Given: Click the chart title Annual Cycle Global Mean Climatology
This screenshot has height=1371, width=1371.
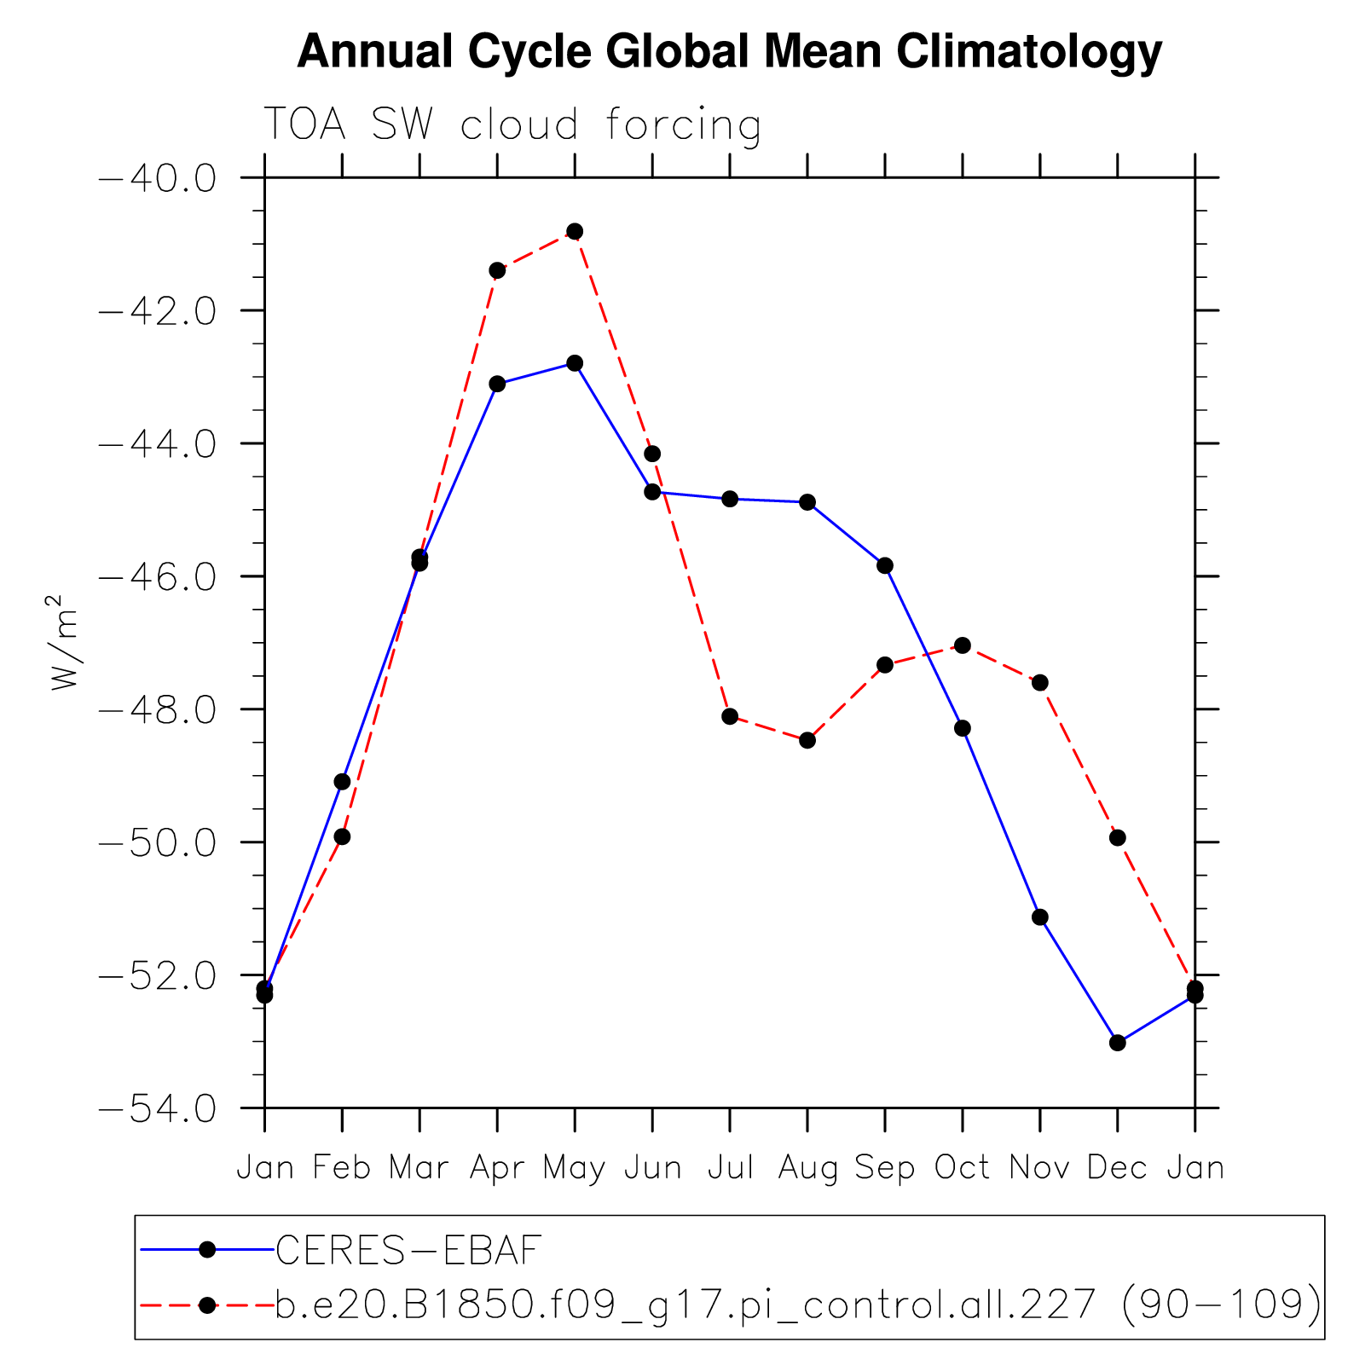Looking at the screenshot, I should [x=729, y=53].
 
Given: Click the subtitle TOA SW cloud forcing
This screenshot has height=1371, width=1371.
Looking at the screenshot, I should [x=512, y=125].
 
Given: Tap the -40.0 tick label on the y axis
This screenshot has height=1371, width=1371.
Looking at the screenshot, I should [x=159, y=178].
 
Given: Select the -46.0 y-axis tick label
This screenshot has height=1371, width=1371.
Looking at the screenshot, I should [x=159, y=577].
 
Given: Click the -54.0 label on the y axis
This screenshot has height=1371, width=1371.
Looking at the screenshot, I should [x=159, y=1108].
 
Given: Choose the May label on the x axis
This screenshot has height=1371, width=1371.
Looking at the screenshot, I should [x=575, y=1168].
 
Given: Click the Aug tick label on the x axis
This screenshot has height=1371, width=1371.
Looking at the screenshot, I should [x=807, y=1168].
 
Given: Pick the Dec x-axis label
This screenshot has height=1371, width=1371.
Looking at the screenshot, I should [x=1117, y=1168].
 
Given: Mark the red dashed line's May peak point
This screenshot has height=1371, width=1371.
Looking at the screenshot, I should [x=575, y=231].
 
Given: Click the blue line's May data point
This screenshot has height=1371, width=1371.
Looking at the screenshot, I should [x=575, y=363].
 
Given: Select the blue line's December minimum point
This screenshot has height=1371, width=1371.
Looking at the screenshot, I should [x=1118, y=1043].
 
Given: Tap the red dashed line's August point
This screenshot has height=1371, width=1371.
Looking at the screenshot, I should [x=807, y=740].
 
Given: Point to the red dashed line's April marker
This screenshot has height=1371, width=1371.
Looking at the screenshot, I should [x=497, y=270].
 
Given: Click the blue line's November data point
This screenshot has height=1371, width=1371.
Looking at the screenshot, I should [x=1040, y=917].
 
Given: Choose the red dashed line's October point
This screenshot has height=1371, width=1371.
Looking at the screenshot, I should [x=963, y=645].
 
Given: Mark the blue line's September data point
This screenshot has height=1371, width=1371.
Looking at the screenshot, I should [x=885, y=565].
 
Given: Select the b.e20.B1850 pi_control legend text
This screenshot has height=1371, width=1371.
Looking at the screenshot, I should [x=798, y=1304].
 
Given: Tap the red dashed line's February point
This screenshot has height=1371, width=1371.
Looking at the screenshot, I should [x=342, y=836].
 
